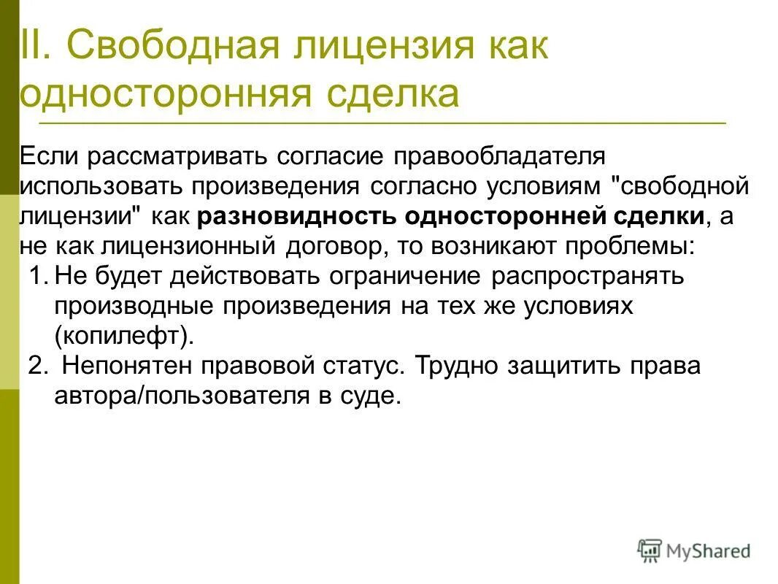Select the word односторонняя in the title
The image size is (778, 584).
171,95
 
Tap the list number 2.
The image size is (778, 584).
38,366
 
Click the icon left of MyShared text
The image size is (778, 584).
650,551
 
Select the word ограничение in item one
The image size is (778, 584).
408,277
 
